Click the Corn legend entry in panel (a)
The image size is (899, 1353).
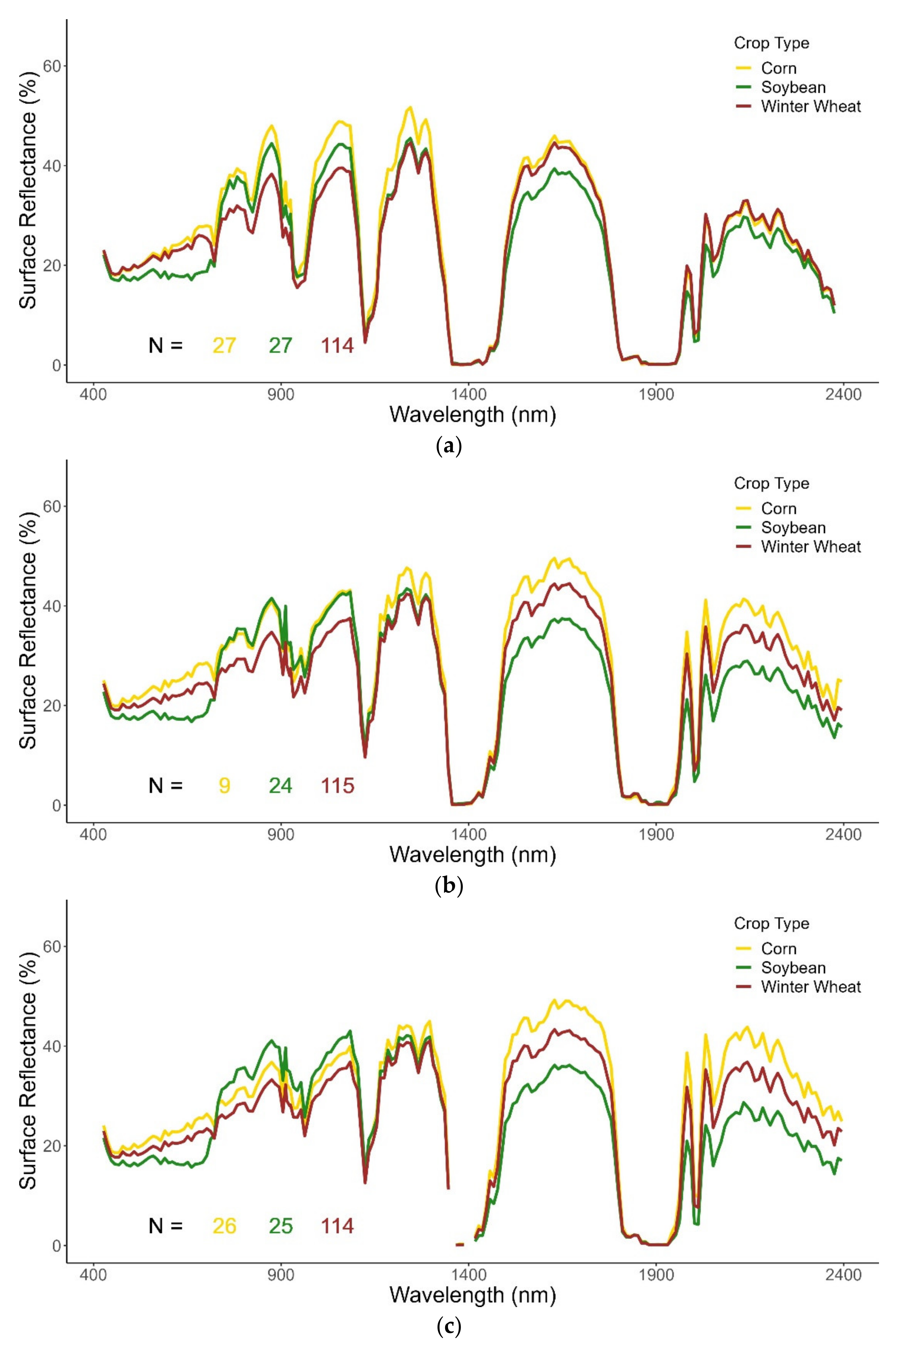(778, 68)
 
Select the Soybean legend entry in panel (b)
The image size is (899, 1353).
(793, 527)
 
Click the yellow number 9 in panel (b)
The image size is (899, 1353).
(224, 786)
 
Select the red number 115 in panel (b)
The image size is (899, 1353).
(337, 786)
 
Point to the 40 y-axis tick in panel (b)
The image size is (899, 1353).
(53, 606)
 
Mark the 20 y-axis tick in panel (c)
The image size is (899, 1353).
(53, 1145)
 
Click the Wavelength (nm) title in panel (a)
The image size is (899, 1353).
(472, 414)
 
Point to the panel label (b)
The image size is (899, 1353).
(449, 886)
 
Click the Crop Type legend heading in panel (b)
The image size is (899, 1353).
(771, 483)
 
